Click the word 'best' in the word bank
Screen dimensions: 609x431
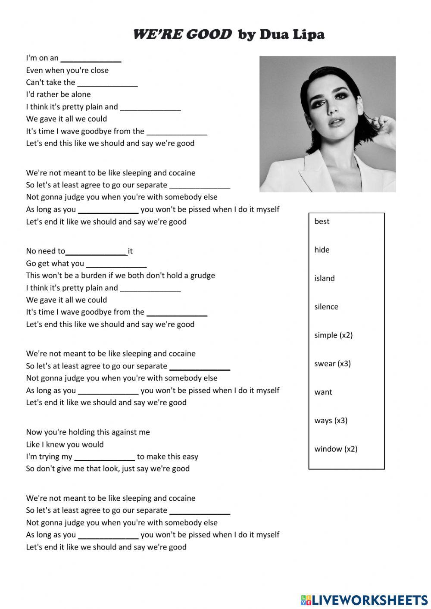(x=322, y=222)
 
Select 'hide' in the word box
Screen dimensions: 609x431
(x=322, y=250)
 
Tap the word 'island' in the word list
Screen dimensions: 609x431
(x=324, y=278)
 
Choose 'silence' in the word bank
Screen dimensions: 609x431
(x=326, y=307)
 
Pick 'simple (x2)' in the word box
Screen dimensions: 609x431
(x=333, y=335)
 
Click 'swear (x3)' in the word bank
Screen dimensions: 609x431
(x=332, y=364)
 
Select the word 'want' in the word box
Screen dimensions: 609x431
(x=323, y=392)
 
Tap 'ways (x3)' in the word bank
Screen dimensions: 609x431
(x=331, y=421)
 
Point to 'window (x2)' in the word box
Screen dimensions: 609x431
(x=336, y=449)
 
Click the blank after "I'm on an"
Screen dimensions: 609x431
(x=91, y=59)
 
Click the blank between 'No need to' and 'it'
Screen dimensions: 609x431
(x=97, y=252)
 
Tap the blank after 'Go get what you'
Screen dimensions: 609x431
(x=116, y=264)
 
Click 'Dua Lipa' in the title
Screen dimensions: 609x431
(x=292, y=34)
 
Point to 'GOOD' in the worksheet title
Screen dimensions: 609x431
(x=209, y=34)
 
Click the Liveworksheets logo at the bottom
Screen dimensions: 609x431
(x=364, y=600)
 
